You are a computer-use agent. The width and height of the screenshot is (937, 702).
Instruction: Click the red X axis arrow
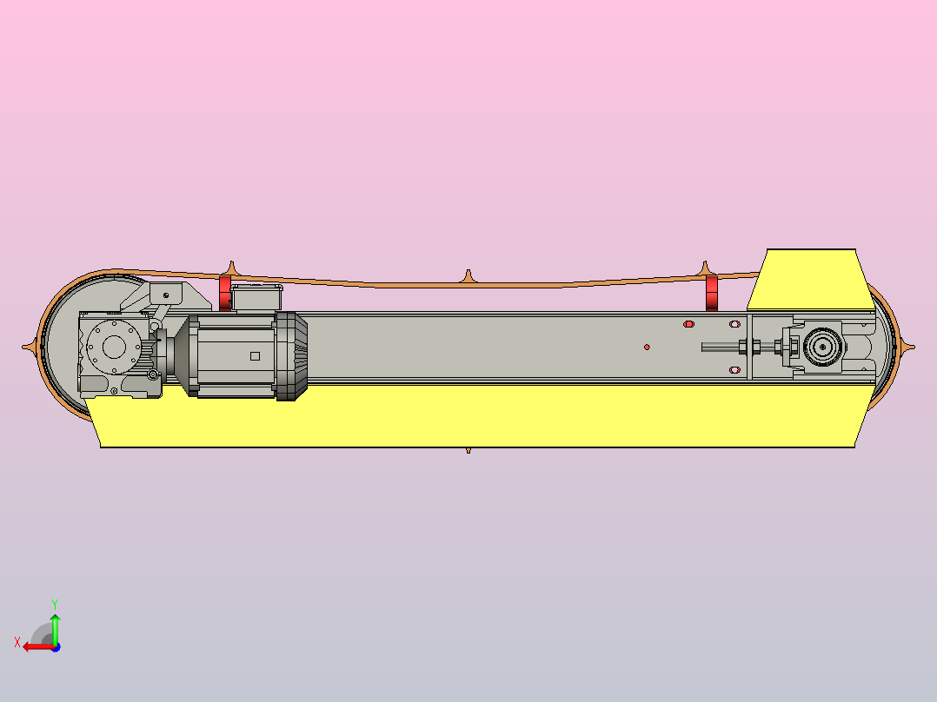(35, 646)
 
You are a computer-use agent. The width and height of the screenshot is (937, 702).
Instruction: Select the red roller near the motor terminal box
(225, 294)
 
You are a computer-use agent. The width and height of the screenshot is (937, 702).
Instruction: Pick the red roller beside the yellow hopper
(712, 294)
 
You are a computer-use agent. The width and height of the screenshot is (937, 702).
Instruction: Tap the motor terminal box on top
(256, 298)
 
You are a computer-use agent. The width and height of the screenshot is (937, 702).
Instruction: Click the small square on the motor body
(255, 355)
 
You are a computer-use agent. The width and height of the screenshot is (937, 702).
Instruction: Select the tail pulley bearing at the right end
(821, 347)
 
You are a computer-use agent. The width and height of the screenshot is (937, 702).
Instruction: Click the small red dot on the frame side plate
(647, 348)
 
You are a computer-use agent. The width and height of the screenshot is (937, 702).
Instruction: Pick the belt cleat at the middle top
(468, 276)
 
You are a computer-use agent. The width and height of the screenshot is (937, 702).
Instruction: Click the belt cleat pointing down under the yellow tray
(468, 450)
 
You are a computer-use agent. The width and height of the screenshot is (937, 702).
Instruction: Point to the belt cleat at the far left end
(30, 347)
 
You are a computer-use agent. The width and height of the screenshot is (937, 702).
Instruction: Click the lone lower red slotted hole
(734, 370)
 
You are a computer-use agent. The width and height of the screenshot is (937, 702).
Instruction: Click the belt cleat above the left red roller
(230, 267)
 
